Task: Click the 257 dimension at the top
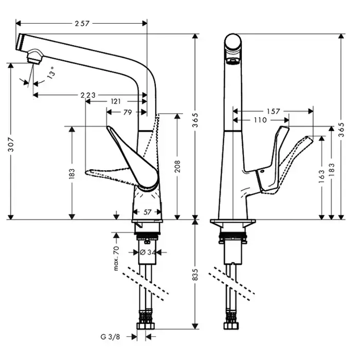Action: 82,23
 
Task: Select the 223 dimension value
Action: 88,95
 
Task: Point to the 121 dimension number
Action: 116,102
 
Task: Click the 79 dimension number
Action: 128,112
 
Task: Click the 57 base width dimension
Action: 148,211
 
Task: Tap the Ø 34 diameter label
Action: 148,252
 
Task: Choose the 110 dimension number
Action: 260,120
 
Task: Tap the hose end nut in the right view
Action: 231,326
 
